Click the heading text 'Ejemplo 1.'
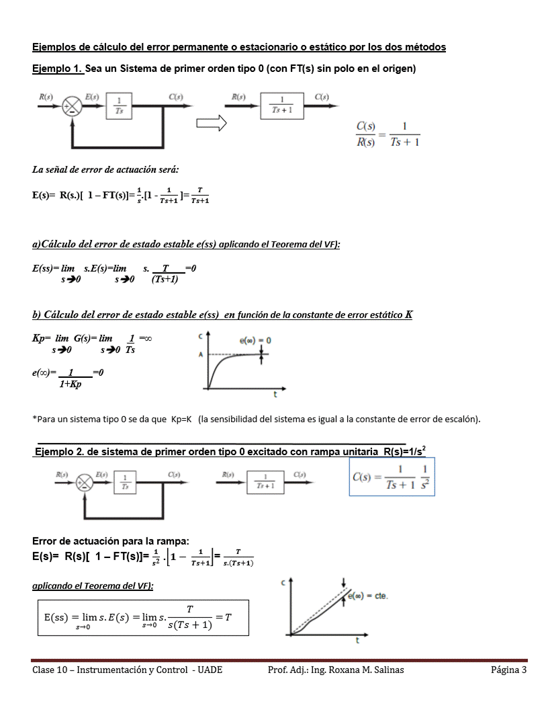click(x=58, y=69)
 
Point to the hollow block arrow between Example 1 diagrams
click(x=211, y=124)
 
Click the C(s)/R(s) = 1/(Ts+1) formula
click(x=387, y=134)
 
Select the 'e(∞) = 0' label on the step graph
click(x=255, y=341)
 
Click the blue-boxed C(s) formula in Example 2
click(x=392, y=477)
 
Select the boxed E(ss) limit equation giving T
click(x=142, y=617)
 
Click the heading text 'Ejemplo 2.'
click(x=58, y=452)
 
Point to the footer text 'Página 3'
click(x=508, y=670)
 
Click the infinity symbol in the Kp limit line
click(x=147, y=340)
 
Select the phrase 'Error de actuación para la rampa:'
click(x=111, y=541)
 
